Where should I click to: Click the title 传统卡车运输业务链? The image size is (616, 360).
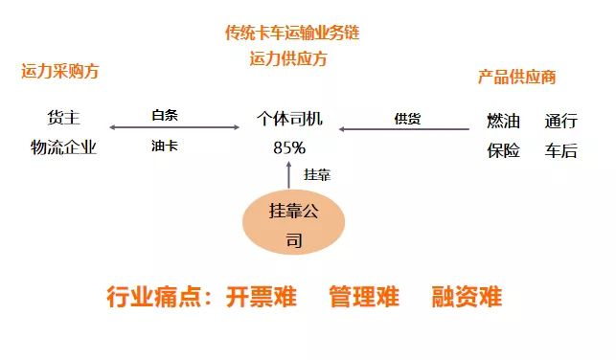[292, 34]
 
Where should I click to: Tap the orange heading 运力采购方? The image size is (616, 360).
[60, 72]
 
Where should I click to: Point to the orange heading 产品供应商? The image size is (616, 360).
[516, 78]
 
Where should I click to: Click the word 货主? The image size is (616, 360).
[63, 119]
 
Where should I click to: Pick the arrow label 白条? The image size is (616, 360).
[166, 116]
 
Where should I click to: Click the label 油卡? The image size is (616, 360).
[165, 146]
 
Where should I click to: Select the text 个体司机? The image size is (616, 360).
[289, 120]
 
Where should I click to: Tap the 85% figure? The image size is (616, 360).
[289, 147]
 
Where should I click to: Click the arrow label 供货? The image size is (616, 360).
[407, 119]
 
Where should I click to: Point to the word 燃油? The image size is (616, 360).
[504, 121]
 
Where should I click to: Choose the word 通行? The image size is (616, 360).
[561, 121]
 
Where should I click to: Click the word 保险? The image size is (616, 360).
[504, 149]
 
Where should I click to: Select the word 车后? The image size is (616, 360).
[561, 149]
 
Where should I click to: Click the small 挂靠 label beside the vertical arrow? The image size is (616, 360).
[317, 175]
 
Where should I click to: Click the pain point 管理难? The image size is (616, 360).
[363, 296]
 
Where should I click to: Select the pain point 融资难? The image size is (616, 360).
[467, 296]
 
